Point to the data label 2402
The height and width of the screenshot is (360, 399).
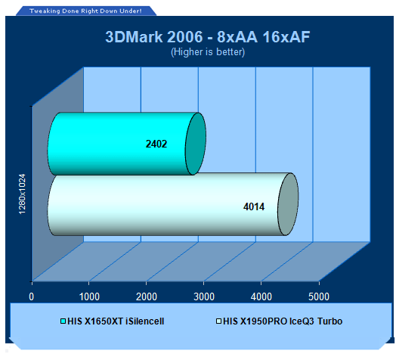pyautogui.click(x=156, y=144)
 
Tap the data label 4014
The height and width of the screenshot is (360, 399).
pyautogui.click(x=254, y=206)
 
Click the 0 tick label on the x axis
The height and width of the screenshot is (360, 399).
pyautogui.click(x=31, y=296)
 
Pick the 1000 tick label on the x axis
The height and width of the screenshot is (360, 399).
pyautogui.click(x=89, y=296)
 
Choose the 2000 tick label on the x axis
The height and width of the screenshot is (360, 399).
pyautogui.click(x=147, y=296)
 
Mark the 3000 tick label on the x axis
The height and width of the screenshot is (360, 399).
pyautogui.click(x=204, y=296)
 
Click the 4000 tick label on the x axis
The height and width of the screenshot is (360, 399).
pyautogui.click(x=261, y=296)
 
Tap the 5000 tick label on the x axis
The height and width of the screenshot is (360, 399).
pyautogui.click(x=319, y=296)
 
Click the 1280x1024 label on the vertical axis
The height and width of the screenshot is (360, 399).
pyautogui.click(x=22, y=194)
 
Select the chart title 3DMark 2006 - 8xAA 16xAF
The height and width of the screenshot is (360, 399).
pyautogui.click(x=208, y=37)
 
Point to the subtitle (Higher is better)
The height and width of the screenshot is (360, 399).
pyautogui.click(x=208, y=52)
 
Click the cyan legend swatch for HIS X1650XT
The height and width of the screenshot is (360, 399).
pyautogui.click(x=63, y=321)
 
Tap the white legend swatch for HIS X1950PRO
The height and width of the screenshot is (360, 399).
pyautogui.click(x=218, y=321)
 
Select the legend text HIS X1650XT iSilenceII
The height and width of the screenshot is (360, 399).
pyautogui.click(x=116, y=321)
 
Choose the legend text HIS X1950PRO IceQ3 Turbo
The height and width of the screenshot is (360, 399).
pyautogui.click(x=283, y=321)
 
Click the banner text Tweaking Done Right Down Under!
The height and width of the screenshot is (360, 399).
pyautogui.click(x=85, y=11)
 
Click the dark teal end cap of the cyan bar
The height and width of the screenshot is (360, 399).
pyautogui.click(x=196, y=144)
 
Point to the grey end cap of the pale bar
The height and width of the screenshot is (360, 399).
pyautogui.click(x=288, y=204)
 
